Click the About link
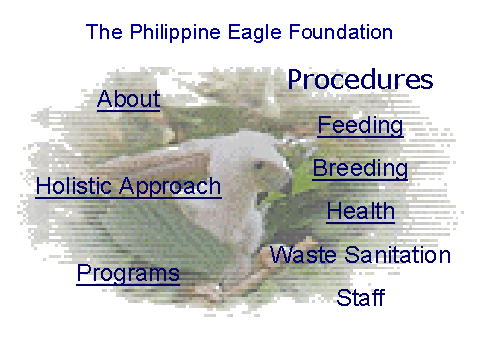(x=129, y=99)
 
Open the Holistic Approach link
(x=128, y=186)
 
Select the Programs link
(x=128, y=274)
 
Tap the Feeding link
(x=360, y=126)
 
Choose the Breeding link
(x=360, y=169)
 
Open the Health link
(x=361, y=211)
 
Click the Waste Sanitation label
(x=360, y=255)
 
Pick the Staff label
(x=361, y=297)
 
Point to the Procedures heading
(x=360, y=79)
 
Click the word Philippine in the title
(x=175, y=33)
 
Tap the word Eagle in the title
(x=255, y=33)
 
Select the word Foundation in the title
(x=341, y=32)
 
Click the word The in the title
(x=104, y=32)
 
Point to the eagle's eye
(x=258, y=165)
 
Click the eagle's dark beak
(x=262, y=198)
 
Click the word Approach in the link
(x=170, y=187)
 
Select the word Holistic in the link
(x=73, y=186)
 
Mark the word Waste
(x=303, y=255)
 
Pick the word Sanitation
(x=398, y=255)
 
